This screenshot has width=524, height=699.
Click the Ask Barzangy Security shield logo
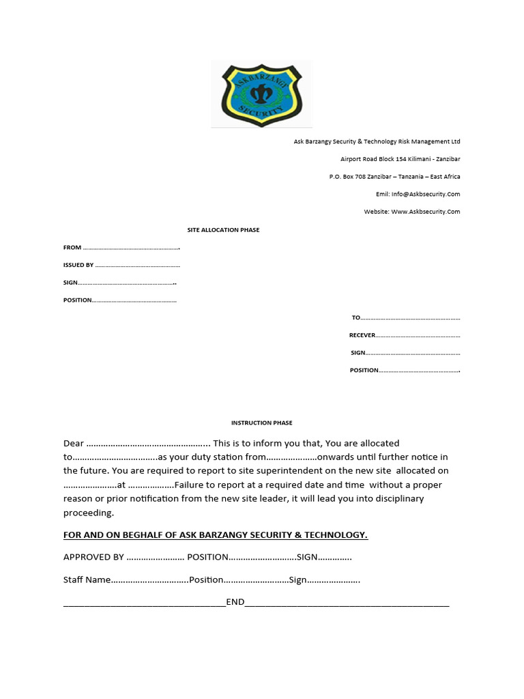click(x=261, y=94)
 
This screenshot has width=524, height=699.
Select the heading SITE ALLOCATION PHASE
click(x=224, y=230)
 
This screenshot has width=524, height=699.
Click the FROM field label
click(x=72, y=248)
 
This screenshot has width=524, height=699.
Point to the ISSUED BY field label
click(x=78, y=265)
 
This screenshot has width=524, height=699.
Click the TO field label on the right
click(x=355, y=318)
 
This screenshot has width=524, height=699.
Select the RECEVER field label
click(x=362, y=335)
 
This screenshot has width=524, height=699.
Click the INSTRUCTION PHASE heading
click(x=263, y=423)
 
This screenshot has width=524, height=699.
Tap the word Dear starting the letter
click(x=74, y=444)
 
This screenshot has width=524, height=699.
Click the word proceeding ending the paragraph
click(x=89, y=513)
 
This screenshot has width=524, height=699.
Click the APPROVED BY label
click(x=93, y=557)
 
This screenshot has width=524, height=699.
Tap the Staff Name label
click(x=87, y=580)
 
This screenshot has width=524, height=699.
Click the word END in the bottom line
click(x=235, y=603)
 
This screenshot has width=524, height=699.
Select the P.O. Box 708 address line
click(x=394, y=176)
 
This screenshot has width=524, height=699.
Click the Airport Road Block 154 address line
click(x=400, y=159)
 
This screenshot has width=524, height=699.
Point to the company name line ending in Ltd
click(x=377, y=141)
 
